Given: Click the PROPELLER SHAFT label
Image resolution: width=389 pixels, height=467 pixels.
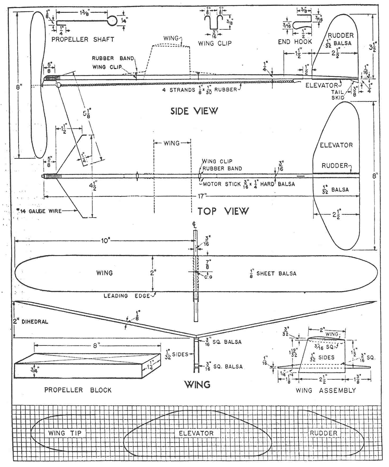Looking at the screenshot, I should (x=83, y=39).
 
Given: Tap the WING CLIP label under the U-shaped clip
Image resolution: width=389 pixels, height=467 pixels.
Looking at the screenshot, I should (x=215, y=43).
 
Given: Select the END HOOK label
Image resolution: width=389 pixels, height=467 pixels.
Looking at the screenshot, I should (x=295, y=42).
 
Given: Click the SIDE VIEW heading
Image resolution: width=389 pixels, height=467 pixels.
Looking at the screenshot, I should (x=194, y=111).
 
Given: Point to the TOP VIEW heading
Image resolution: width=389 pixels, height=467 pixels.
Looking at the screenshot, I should (x=223, y=211).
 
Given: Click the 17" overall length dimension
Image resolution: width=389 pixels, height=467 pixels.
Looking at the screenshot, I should (x=202, y=196).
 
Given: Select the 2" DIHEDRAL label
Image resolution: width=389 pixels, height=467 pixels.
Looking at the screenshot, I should (x=31, y=322).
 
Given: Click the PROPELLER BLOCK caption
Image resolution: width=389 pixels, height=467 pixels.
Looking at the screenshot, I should (x=78, y=390).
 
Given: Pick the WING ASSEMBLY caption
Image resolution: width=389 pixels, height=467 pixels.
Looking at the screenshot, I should (x=326, y=390).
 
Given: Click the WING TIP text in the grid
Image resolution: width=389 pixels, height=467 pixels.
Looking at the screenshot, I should (x=65, y=433).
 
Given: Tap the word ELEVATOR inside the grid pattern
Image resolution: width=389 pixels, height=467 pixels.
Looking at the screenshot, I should (x=196, y=433).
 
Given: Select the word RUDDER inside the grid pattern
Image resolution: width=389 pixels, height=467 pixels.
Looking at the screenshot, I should (x=324, y=433).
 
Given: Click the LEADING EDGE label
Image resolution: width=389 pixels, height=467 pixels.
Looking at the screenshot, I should (x=127, y=296).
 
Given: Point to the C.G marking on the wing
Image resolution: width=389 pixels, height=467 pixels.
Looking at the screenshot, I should (x=208, y=277).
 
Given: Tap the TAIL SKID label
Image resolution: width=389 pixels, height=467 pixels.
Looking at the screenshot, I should (x=338, y=95).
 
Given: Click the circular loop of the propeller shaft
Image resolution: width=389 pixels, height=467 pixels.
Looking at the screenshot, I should (x=112, y=21).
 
